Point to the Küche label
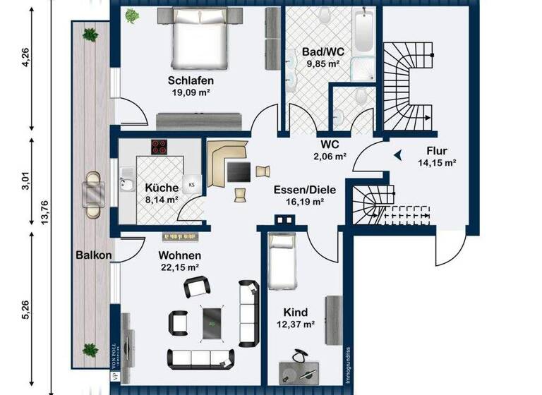162,188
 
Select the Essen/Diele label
305,189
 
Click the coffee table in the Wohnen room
211,321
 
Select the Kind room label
296,312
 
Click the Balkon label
94,255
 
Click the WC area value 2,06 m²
330,155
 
